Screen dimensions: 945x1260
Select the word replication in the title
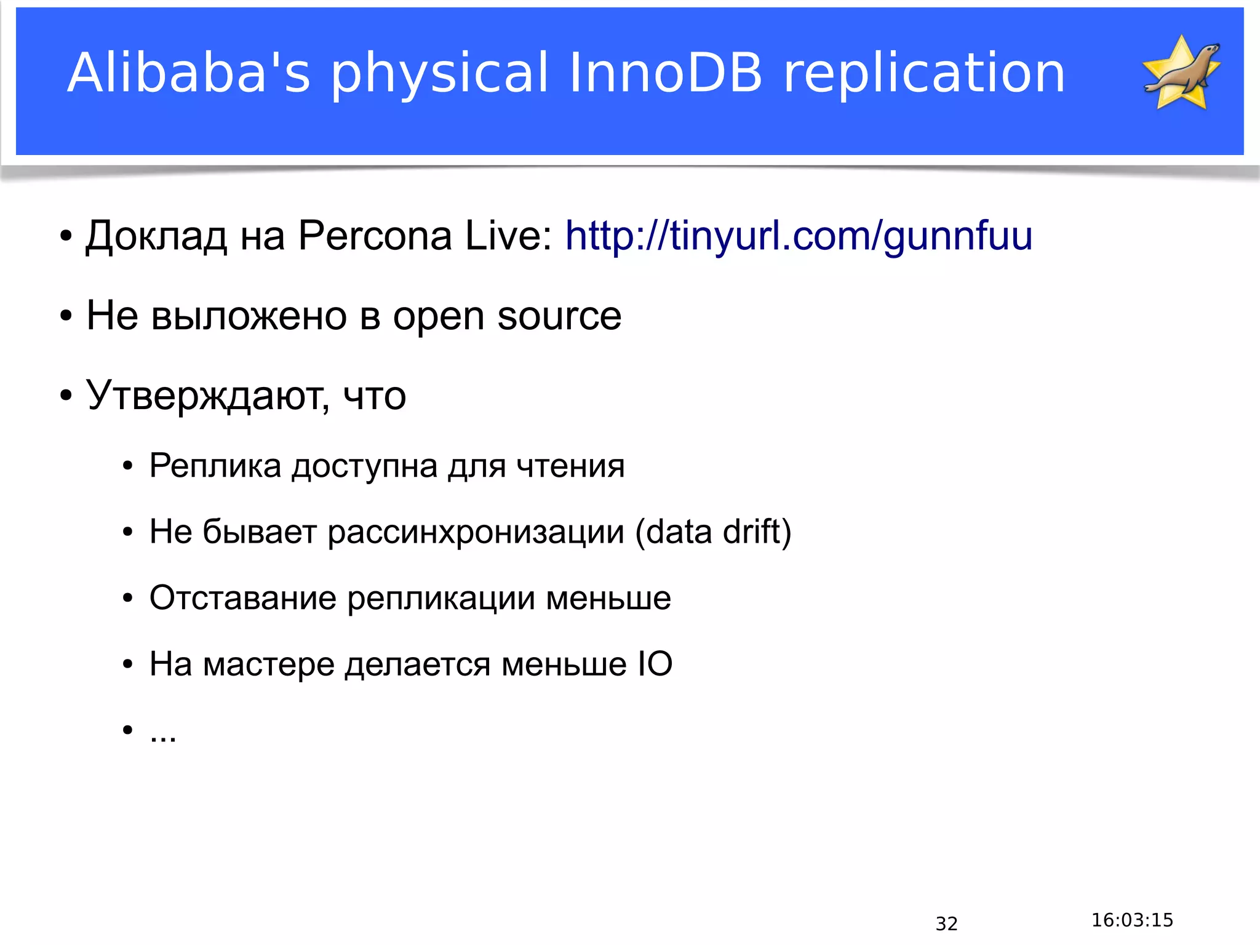pyautogui.click(x=924, y=74)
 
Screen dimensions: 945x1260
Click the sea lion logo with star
pyautogui.click(x=1181, y=73)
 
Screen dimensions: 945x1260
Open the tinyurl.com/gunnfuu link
pyautogui.click(x=799, y=236)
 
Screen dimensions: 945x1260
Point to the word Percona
pyautogui.click(x=375, y=236)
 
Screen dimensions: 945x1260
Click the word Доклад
pyautogui.click(x=156, y=237)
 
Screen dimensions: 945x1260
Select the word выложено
pyautogui.click(x=249, y=316)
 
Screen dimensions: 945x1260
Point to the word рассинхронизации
pyautogui.click(x=476, y=532)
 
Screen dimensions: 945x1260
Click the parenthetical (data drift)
pyautogui.click(x=713, y=532)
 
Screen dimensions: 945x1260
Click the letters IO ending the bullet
pyautogui.click(x=655, y=664)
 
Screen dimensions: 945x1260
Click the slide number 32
pyautogui.click(x=946, y=923)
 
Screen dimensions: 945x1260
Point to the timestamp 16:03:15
pyautogui.click(x=1132, y=920)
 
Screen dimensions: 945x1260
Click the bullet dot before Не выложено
pyautogui.click(x=66, y=316)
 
